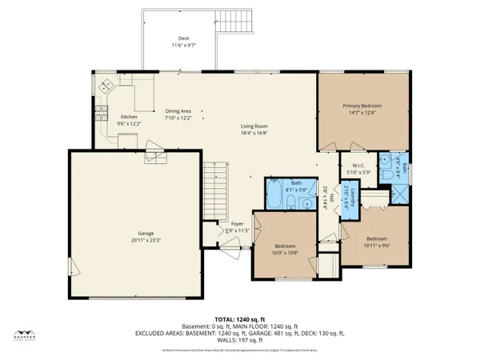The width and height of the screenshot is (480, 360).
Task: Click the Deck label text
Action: tap(184, 38)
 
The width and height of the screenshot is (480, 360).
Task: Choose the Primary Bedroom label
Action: tap(362, 106)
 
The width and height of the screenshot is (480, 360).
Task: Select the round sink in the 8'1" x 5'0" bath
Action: tap(306, 203)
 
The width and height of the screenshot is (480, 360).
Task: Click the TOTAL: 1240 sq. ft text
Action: tap(239, 318)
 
